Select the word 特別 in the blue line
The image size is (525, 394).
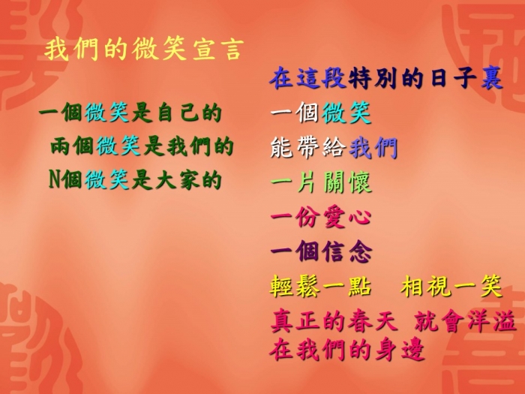click(372, 79)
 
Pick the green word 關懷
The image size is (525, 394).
click(347, 182)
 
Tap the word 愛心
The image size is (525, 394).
click(347, 218)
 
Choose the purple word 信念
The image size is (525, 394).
click(347, 251)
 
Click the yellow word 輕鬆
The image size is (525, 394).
click(295, 287)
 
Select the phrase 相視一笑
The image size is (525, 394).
click(451, 287)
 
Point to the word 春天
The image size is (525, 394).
click(372, 321)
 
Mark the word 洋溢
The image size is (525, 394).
click(491, 321)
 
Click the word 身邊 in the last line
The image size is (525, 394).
click(400, 350)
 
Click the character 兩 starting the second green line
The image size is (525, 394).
click(61, 146)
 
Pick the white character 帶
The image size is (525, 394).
click(308, 147)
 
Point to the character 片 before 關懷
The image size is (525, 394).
click(308, 182)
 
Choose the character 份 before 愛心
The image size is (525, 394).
click(308, 218)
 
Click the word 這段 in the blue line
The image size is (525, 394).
click(320, 79)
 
